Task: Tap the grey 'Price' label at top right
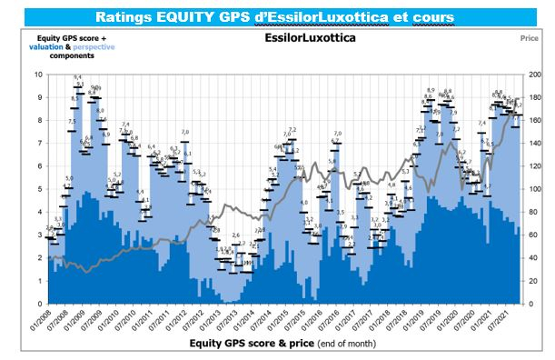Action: (530, 40)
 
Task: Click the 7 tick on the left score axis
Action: (36, 144)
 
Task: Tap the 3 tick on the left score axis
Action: (36, 235)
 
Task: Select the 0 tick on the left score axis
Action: (36, 304)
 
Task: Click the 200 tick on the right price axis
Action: (536, 75)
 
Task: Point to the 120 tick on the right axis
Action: (536, 166)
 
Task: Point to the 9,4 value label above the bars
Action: (78, 77)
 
